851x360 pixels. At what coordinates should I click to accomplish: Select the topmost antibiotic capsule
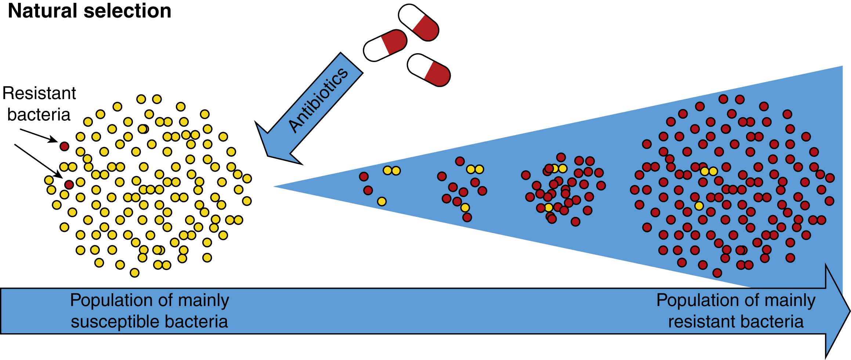click(x=419, y=22)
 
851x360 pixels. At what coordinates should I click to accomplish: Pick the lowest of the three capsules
click(x=429, y=70)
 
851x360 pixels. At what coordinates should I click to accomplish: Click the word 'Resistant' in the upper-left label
click(x=39, y=94)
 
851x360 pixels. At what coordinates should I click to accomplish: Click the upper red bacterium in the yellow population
click(x=64, y=146)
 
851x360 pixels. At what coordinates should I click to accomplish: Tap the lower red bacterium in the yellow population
click(x=69, y=184)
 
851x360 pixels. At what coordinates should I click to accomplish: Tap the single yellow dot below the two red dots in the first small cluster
click(x=382, y=201)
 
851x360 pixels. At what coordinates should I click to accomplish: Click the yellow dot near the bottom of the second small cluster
click(x=465, y=208)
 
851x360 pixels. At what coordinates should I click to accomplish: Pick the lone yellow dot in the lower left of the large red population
click(x=699, y=206)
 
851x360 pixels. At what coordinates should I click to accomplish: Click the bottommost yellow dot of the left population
click(x=135, y=273)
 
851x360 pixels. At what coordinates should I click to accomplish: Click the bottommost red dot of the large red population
click(x=717, y=273)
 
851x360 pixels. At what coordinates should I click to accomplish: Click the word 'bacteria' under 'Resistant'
click(x=39, y=115)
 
